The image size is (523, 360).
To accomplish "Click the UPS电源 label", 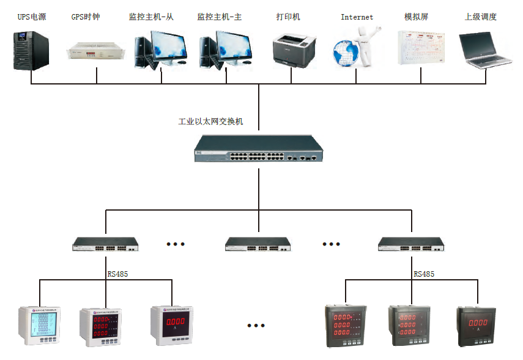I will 32,17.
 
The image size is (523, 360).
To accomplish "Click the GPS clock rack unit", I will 96,53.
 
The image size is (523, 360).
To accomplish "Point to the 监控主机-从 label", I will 151,17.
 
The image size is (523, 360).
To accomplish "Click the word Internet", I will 357,17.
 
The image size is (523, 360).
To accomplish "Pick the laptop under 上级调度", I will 486,50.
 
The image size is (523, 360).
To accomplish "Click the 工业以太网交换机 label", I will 210,121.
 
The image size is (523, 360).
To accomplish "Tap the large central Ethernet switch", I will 258,149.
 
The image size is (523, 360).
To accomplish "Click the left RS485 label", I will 117,274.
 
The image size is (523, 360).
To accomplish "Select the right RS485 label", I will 424,274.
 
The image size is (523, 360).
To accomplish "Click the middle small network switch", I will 258,244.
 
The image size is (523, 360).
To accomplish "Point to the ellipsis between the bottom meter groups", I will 256,325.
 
